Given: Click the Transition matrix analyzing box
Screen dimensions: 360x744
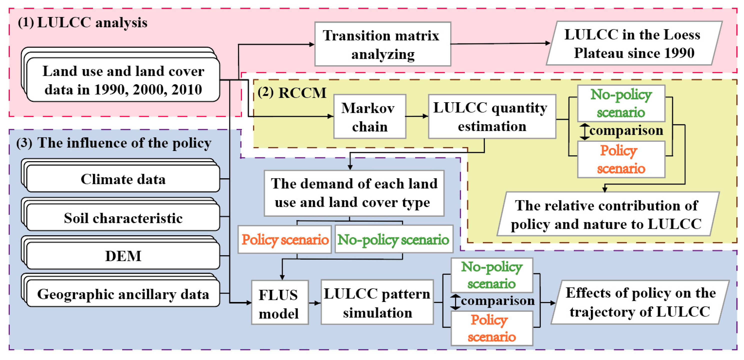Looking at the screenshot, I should click(382, 44).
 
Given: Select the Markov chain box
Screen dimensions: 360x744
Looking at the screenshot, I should click(369, 117).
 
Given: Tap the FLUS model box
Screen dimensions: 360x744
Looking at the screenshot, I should click(280, 302).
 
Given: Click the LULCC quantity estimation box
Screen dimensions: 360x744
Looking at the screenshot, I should click(492, 117).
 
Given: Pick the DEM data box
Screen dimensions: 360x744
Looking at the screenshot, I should click(123, 256).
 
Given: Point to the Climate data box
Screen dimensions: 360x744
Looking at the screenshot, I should click(123, 179).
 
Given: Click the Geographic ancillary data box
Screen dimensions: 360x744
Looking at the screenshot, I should click(123, 294).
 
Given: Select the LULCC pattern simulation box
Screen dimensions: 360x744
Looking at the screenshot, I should click(377, 302).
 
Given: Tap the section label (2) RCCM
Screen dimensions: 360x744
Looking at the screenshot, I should click(292, 93).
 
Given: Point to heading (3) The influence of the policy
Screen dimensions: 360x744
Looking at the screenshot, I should click(114, 143).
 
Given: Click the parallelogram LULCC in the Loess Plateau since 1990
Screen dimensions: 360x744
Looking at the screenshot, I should click(634, 43).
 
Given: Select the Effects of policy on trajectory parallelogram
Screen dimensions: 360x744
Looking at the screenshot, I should click(640, 302).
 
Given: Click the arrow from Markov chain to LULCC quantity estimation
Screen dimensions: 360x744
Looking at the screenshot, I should click(417, 116).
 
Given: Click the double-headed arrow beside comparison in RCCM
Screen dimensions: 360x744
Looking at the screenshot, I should click(585, 131).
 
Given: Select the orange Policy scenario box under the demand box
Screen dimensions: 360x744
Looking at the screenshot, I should click(284, 239).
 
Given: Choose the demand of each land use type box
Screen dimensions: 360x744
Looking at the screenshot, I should click(354, 193).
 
